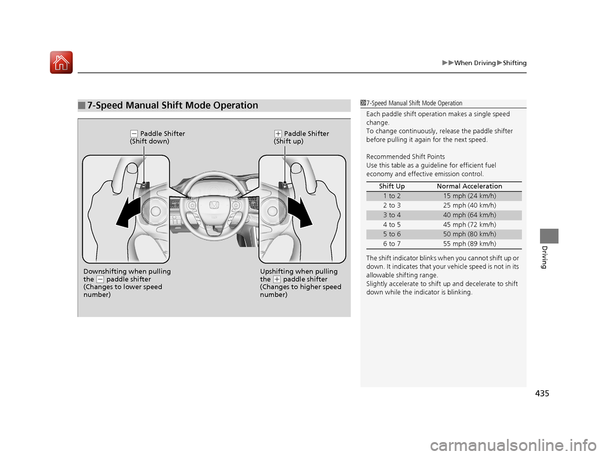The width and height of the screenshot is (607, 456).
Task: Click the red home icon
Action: pyautogui.click(x=61, y=63)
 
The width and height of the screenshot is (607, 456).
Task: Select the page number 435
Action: pyautogui.click(x=542, y=393)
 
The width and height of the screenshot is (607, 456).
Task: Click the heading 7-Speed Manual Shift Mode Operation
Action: pyautogui.click(x=173, y=105)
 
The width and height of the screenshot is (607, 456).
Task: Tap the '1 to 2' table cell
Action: pyautogui.click(x=392, y=196)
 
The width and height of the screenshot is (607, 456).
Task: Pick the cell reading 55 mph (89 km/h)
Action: pyautogui.click(x=469, y=244)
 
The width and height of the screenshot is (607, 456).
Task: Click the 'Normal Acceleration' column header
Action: pyautogui.click(x=469, y=186)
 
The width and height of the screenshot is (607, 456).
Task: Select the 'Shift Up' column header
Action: pyautogui.click(x=392, y=186)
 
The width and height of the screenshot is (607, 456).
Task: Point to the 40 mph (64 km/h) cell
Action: pyautogui.click(x=469, y=215)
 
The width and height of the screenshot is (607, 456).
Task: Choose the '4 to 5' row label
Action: pyautogui.click(x=392, y=225)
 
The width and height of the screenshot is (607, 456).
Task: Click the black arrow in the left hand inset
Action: pyautogui.click(x=130, y=212)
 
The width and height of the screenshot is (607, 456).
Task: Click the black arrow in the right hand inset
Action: pyautogui.click(x=300, y=212)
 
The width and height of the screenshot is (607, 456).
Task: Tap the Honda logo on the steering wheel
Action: pyautogui.click(x=214, y=205)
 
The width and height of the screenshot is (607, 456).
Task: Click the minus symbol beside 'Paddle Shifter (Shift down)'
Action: pyautogui.click(x=134, y=134)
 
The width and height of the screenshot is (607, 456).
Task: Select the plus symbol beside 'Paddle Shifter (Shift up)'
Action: pyautogui.click(x=278, y=134)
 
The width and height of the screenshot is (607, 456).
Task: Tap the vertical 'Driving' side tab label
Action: pyautogui.click(x=544, y=257)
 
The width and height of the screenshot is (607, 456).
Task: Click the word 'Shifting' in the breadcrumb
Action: pyautogui.click(x=515, y=63)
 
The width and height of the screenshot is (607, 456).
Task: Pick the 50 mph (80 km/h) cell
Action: pyautogui.click(x=469, y=234)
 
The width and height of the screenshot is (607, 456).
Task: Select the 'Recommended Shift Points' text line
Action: pyautogui.click(x=405, y=157)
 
